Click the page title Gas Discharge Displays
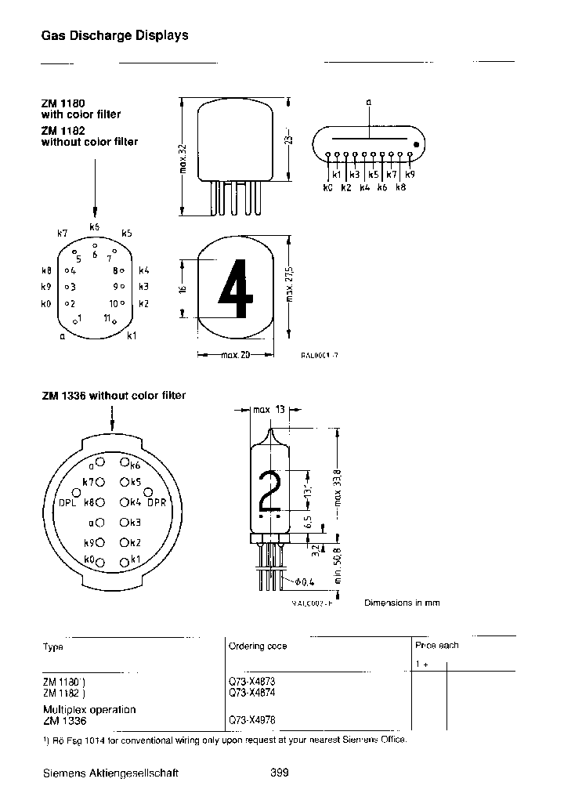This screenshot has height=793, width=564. [x=114, y=35]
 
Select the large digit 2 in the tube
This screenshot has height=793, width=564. [x=269, y=491]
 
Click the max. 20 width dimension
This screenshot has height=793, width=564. [x=234, y=355]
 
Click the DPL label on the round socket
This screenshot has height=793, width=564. [x=68, y=502]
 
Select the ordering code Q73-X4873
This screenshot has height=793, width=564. [x=251, y=682]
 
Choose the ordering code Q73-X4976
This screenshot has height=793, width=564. [x=251, y=719]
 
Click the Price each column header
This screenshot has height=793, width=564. [x=437, y=645]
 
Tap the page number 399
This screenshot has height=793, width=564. [x=280, y=773]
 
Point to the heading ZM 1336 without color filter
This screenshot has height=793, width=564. [x=114, y=396]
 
